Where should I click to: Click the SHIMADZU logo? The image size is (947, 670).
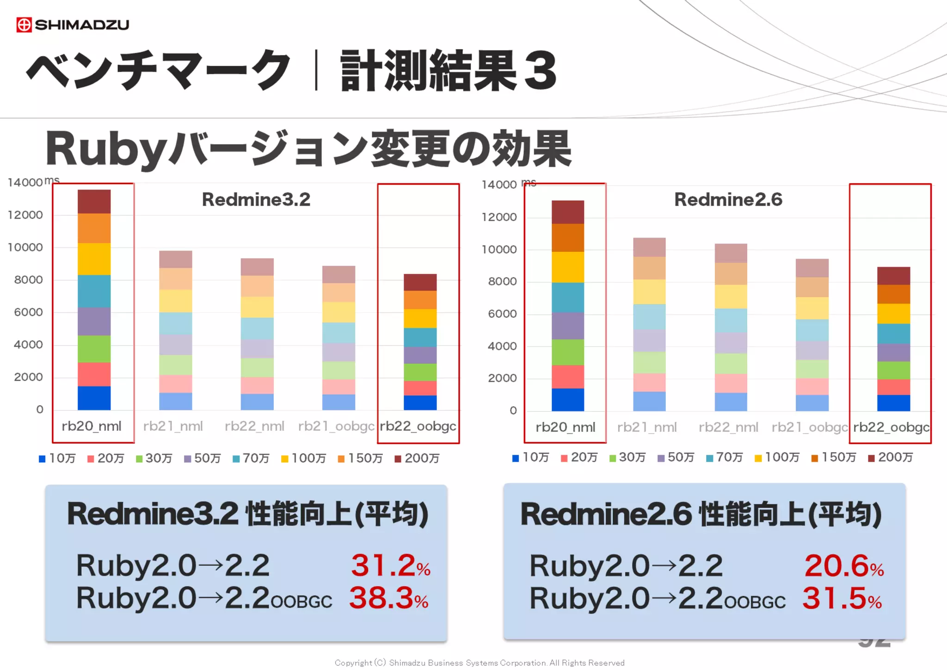(x=73, y=25)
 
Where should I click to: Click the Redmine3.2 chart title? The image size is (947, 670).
(x=256, y=199)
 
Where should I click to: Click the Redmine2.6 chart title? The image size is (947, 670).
(x=728, y=199)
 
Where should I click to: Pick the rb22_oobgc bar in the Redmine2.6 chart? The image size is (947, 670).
(x=893, y=339)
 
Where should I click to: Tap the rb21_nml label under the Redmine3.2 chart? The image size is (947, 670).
(x=173, y=426)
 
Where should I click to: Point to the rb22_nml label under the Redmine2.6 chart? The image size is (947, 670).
(x=728, y=427)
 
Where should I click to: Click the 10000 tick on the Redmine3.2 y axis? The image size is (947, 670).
(x=25, y=248)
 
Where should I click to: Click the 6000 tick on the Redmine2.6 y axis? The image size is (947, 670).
(x=502, y=314)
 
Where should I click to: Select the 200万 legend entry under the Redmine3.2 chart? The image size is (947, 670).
(x=417, y=458)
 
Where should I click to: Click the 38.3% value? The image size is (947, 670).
(x=389, y=598)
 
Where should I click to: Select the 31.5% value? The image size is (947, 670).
(x=842, y=598)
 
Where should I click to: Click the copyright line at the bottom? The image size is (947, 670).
(x=480, y=663)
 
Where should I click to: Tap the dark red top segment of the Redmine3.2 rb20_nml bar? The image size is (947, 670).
(x=94, y=202)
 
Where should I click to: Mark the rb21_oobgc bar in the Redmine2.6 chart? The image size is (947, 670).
(x=812, y=335)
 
